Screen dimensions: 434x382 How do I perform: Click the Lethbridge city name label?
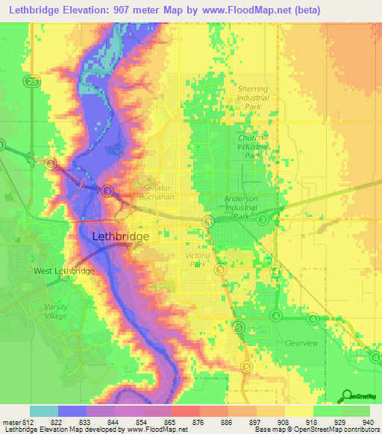120,236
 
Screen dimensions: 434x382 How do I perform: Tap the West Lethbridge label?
63,271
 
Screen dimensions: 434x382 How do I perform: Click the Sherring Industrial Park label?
252,98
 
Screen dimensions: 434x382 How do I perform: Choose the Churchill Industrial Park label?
252,147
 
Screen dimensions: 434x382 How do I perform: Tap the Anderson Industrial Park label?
241,207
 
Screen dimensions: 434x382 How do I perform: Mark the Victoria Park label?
198,260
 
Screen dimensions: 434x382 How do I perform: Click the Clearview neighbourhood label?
301,343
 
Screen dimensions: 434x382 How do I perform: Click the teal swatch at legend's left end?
43,411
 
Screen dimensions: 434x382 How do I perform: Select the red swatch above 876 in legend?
185,411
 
